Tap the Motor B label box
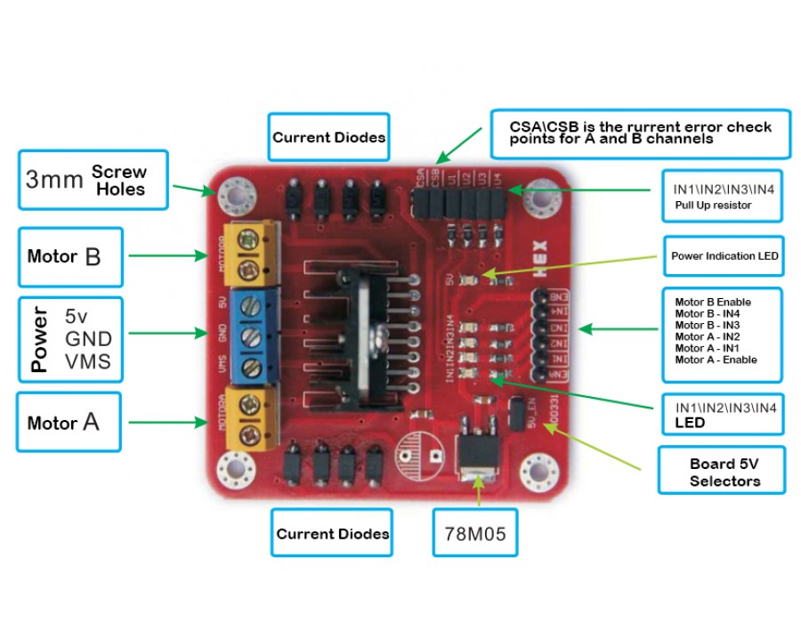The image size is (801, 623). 69,257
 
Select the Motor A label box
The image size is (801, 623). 69,422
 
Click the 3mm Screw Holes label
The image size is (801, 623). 93,180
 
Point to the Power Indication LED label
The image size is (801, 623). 724,256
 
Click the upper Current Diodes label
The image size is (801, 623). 329,137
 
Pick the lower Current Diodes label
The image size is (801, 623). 332,534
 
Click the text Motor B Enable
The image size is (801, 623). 713,303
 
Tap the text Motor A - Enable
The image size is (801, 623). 716,360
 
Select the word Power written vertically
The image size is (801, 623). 39,339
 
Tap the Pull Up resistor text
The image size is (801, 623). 712,206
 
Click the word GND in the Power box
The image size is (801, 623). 88,339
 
